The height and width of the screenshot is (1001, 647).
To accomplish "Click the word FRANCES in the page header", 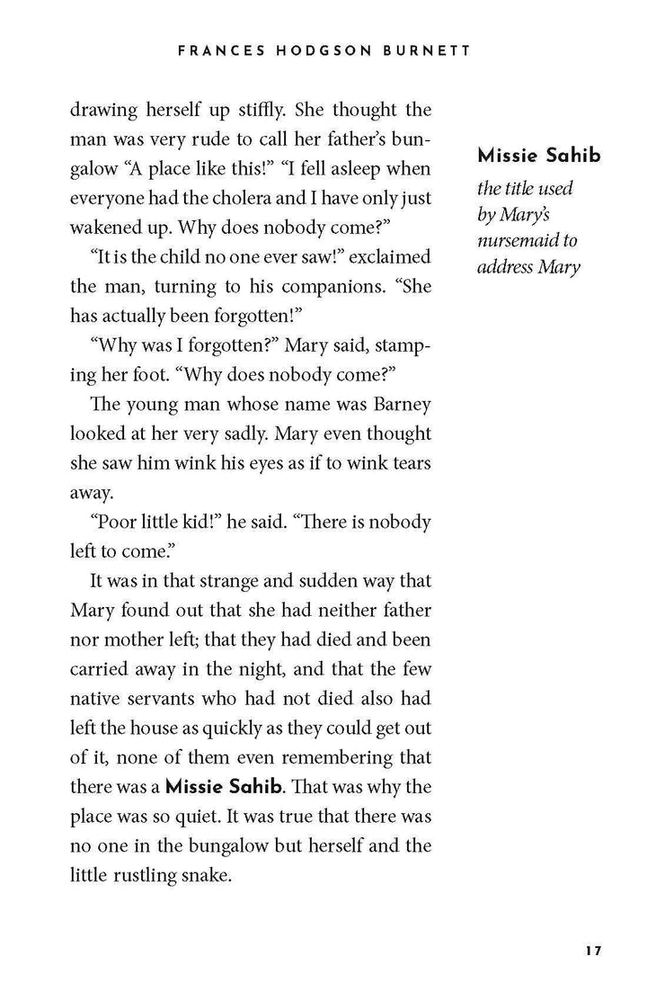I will click(x=214, y=51).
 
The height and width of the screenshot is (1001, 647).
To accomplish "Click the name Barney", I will click(x=396, y=404).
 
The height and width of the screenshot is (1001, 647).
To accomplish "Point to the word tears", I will click(x=410, y=462).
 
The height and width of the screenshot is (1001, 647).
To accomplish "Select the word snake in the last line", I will click(x=207, y=875).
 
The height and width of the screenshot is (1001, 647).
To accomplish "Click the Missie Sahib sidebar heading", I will click(x=539, y=156).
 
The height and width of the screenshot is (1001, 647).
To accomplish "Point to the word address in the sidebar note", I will click(x=508, y=267).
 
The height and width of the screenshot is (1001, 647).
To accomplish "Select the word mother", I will click(x=129, y=639).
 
